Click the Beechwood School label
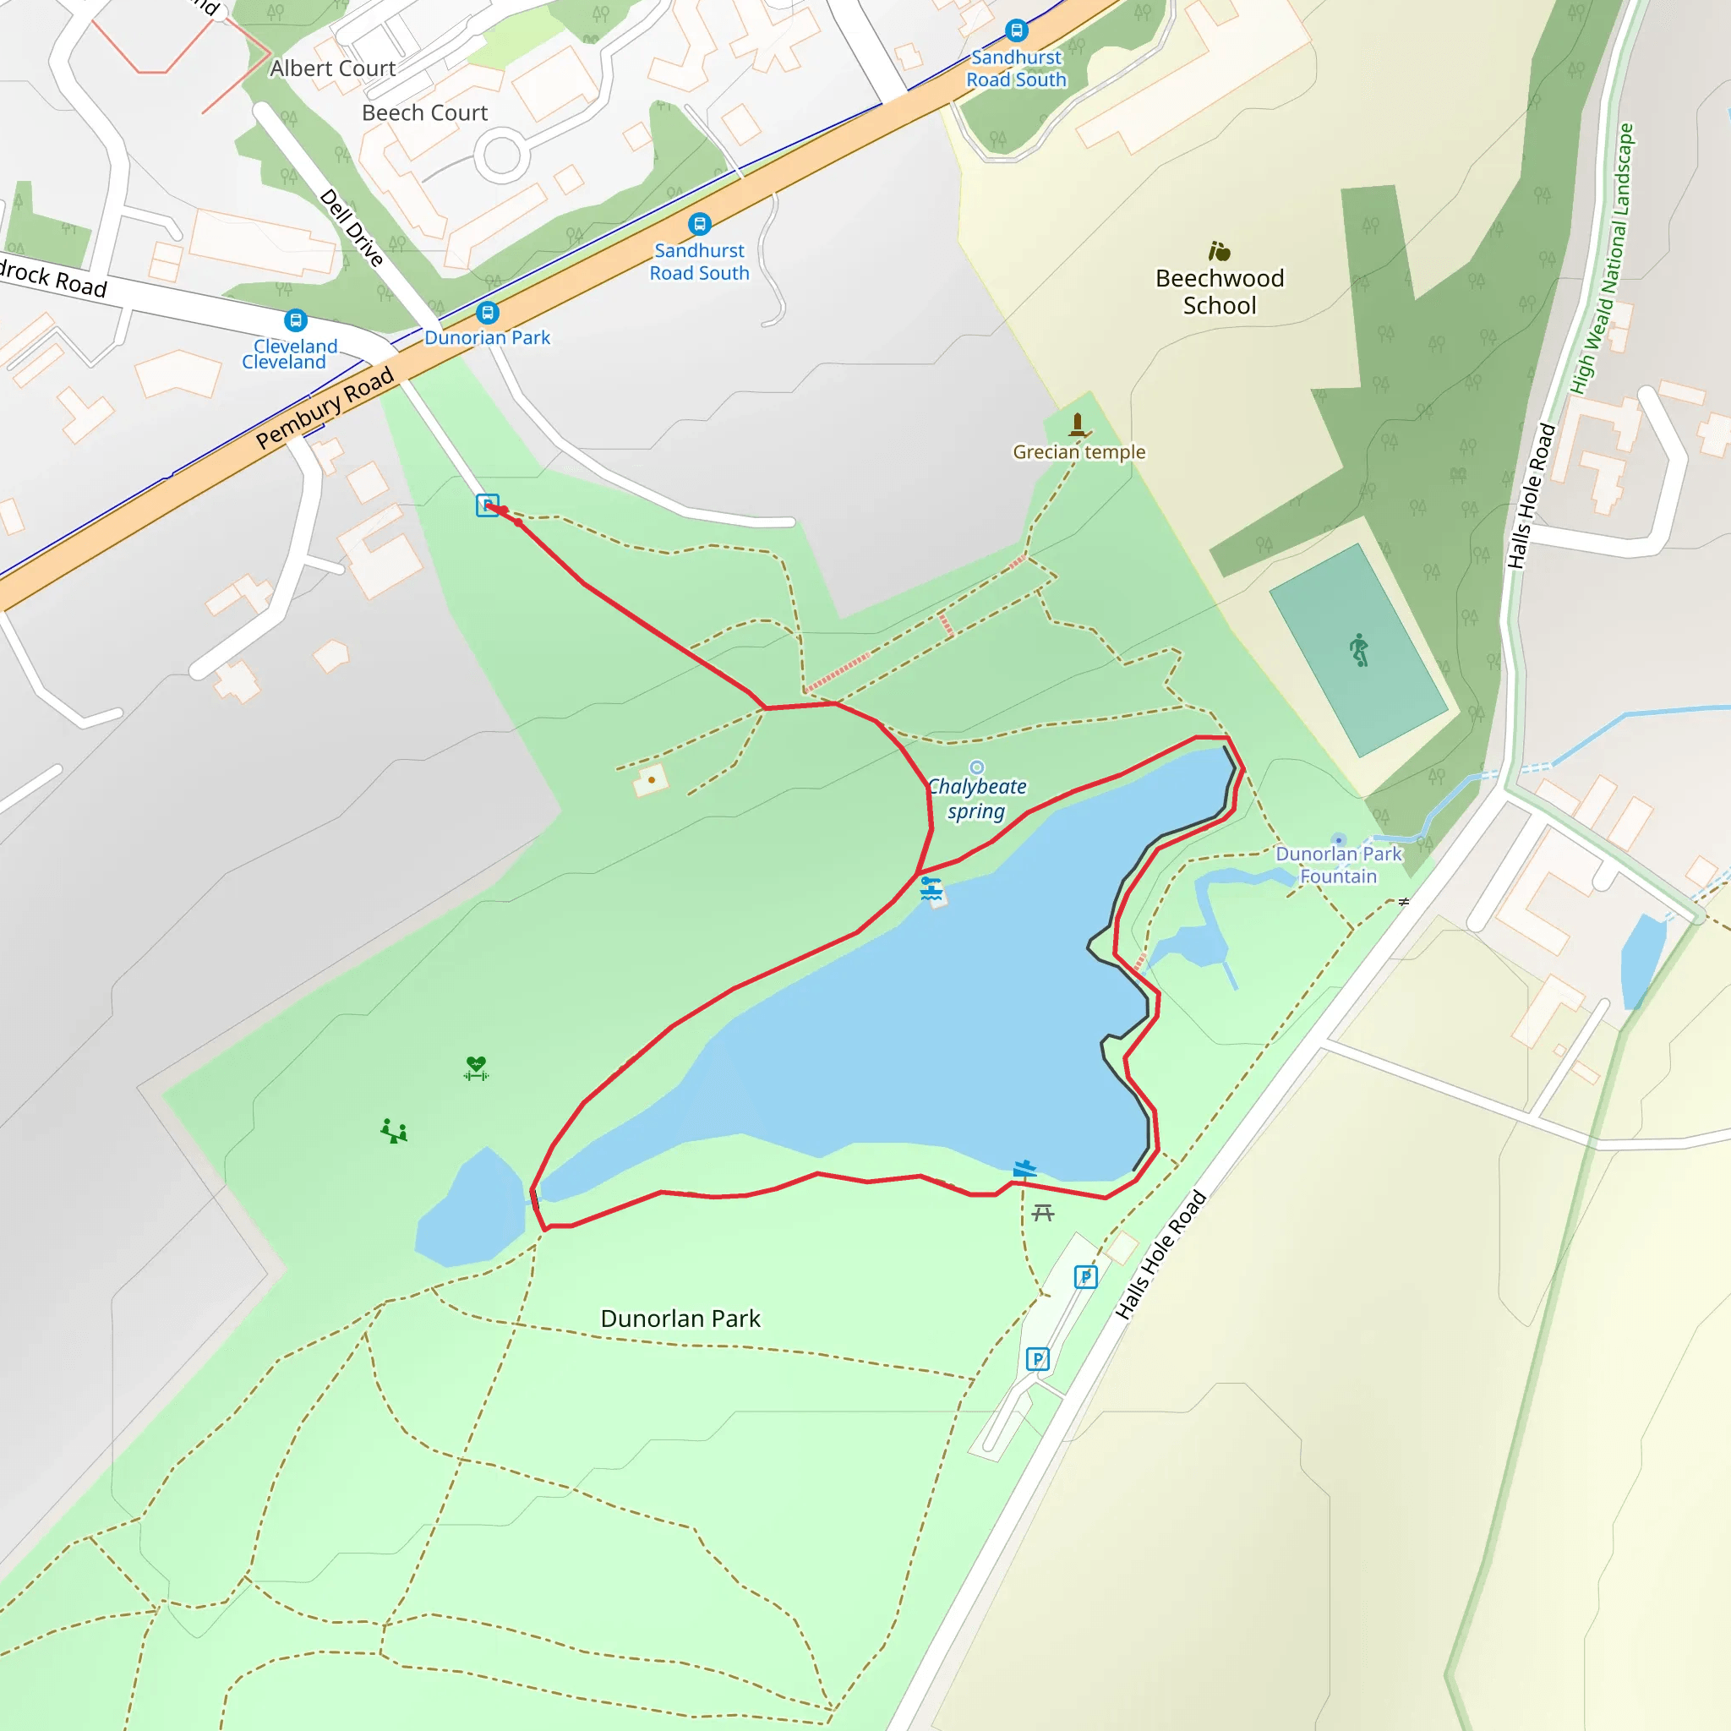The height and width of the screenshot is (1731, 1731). pyautogui.click(x=1220, y=292)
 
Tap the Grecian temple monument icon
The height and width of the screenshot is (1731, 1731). pyautogui.click(x=1078, y=423)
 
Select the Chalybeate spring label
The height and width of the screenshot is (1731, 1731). pyautogui.click(x=976, y=798)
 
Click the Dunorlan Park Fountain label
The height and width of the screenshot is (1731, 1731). pyautogui.click(x=1338, y=865)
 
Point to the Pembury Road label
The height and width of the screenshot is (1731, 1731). pyautogui.click(x=325, y=407)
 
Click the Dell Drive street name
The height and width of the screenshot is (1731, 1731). pyautogui.click(x=352, y=227)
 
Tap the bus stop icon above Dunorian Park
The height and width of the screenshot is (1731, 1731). pyautogui.click(x=488, y=313)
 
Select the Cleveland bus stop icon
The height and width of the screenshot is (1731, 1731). pyautogui.click(x=296, y=319)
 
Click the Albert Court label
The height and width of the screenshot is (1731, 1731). pyautogui.click(x=332, y=69)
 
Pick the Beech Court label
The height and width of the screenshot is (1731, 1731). pyautogui.click(x=424, y=113)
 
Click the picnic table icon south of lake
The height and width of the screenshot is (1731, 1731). pyautogui.click(x=1043, y=1213)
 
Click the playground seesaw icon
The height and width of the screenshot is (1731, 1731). pyautogui.click(x=394, y=1131)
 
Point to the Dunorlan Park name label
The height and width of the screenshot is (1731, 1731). pyautogui.click(x=680, y=1319)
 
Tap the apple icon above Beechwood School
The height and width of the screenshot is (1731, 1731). pyautogui.click(x=1219, y=251)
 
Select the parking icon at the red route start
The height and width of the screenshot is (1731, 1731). pyautogui.click(x=487, y=505)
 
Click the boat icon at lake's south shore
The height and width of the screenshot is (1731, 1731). pyautogui.click(x=1024, y=1168)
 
